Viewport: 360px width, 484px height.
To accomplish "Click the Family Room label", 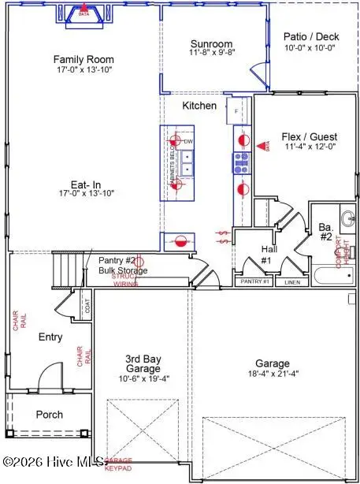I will click(x=84, y=59).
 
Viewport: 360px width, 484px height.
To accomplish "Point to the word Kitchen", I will click(x=199, y=105).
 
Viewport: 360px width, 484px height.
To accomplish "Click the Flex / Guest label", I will click(x=298, y=136).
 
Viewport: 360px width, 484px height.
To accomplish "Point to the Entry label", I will click(x=50, y=337).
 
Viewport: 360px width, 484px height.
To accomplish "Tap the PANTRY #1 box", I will click(x=254, y=281).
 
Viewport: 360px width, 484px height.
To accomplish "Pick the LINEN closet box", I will click(x=292, y=281).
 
